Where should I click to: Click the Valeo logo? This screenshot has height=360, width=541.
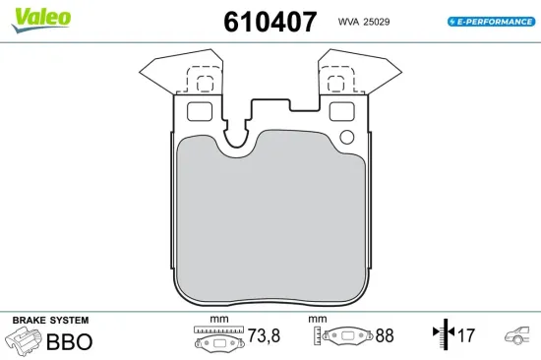tap(39, 17)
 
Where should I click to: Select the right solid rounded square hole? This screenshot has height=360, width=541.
tap(340, 111)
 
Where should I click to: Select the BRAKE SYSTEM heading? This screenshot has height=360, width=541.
tap(50, 321)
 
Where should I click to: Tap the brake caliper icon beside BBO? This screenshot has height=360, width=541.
tap(26, 342)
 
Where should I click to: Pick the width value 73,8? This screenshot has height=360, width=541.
tap(262, 336)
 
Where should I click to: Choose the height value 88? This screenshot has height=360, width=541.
tap(384, 336)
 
